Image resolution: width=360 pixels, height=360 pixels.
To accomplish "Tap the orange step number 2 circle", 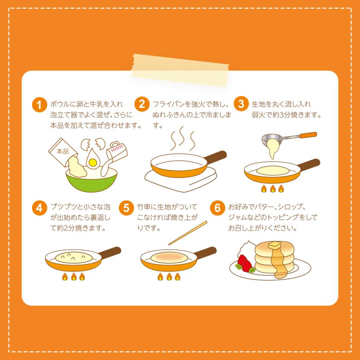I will click(142, 105).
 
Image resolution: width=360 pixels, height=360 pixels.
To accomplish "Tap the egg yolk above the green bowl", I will click(93, 162).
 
